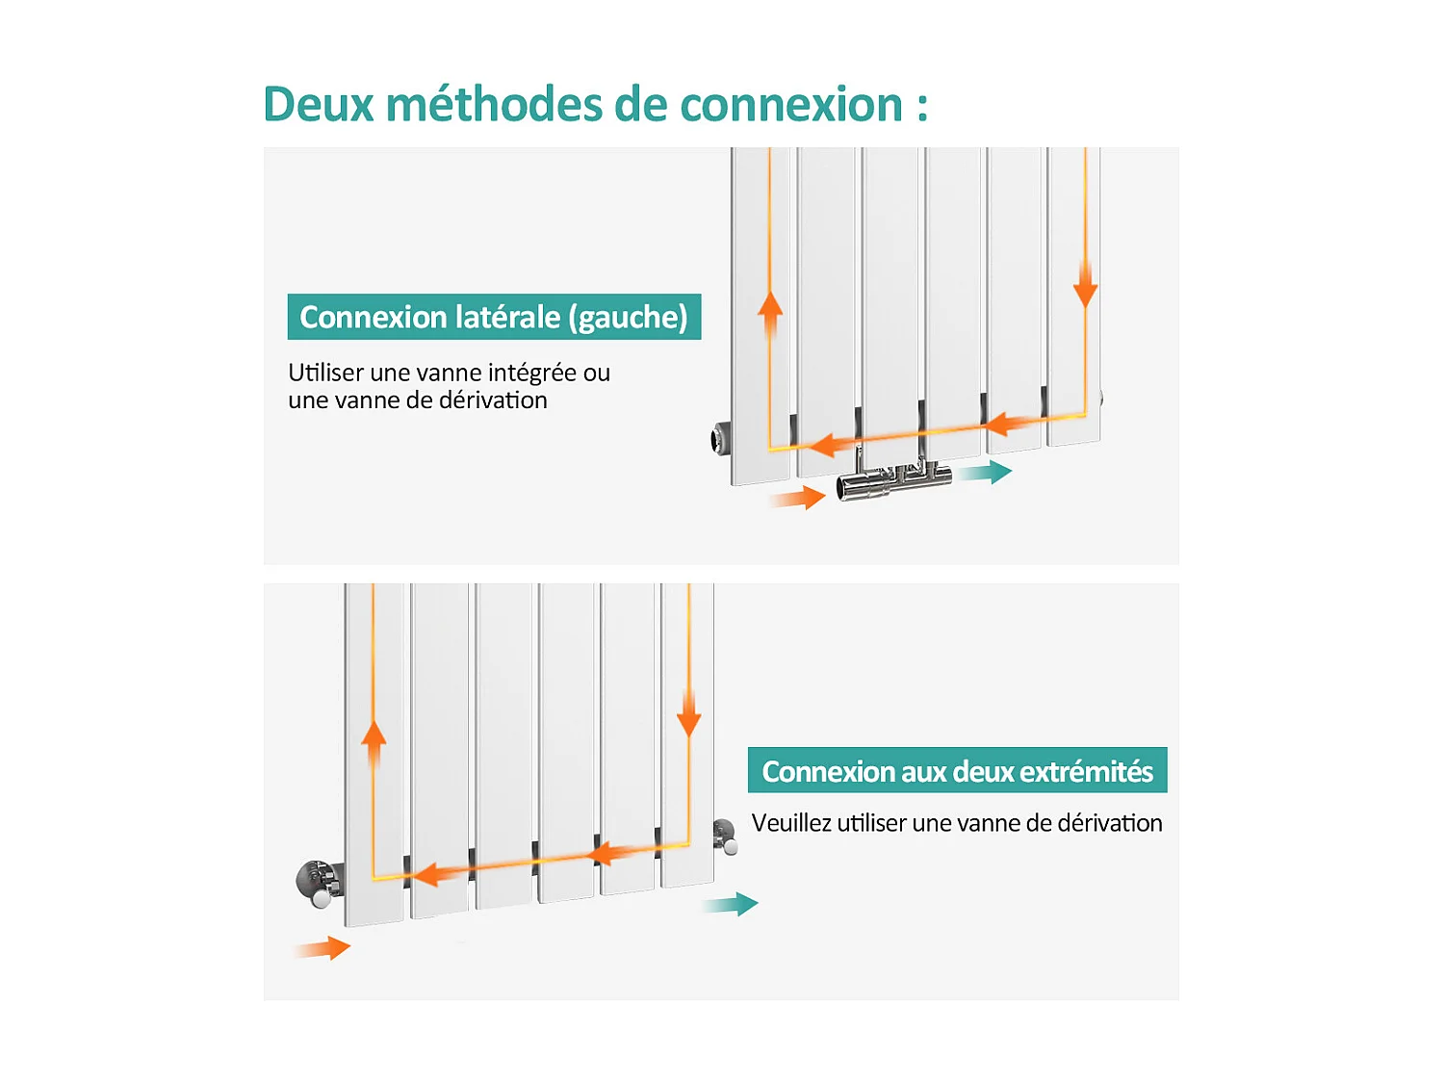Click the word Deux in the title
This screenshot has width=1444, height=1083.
click(x=318, y=104)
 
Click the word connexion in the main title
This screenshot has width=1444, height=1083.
click(x=790, y=104)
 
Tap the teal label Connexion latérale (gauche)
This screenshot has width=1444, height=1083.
click(x=494, y=317)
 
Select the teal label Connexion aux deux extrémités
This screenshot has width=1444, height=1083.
click(x=957, y=771)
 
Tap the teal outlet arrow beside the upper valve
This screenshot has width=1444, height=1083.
click(x=986, y=472)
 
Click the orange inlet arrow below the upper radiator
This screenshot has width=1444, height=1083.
click(x=798, y=498)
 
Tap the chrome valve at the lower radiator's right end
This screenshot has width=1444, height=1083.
click(x=725, y=836)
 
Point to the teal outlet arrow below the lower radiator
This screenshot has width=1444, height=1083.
click(x=731, y=905)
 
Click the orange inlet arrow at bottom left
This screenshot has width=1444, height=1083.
click(x=323, y=948)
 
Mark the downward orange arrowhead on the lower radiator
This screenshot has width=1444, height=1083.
click(x=688, y=722)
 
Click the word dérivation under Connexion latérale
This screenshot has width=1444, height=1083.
click(x=493, y=400)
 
